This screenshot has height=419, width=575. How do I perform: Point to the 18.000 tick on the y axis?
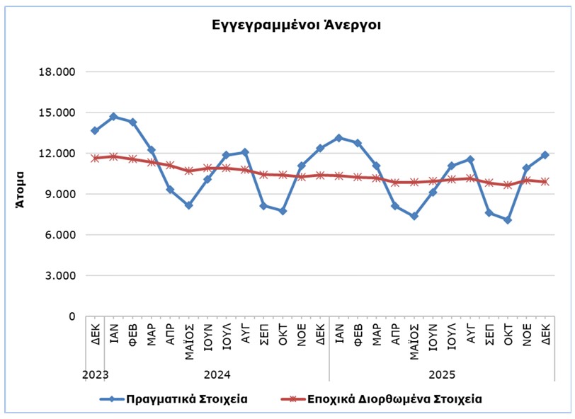pos(59,72)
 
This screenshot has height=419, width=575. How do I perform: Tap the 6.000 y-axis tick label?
pos(59,235)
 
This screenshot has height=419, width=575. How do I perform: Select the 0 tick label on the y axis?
pos(71,316)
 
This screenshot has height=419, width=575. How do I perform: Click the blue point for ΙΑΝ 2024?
pos(113,116)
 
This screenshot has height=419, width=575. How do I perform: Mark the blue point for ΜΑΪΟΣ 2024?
pos(188,205)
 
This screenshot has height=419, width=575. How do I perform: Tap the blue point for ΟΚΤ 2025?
pos(508,220)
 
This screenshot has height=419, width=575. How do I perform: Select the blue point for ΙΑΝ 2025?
pos(338,138)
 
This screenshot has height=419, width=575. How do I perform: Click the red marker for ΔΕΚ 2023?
pos(95,159)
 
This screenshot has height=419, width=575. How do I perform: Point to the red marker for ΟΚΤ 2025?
pos(508,185)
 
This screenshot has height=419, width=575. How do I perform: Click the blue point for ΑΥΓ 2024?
pos(244,152)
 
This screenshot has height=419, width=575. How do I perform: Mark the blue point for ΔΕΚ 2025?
pos(545,154)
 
